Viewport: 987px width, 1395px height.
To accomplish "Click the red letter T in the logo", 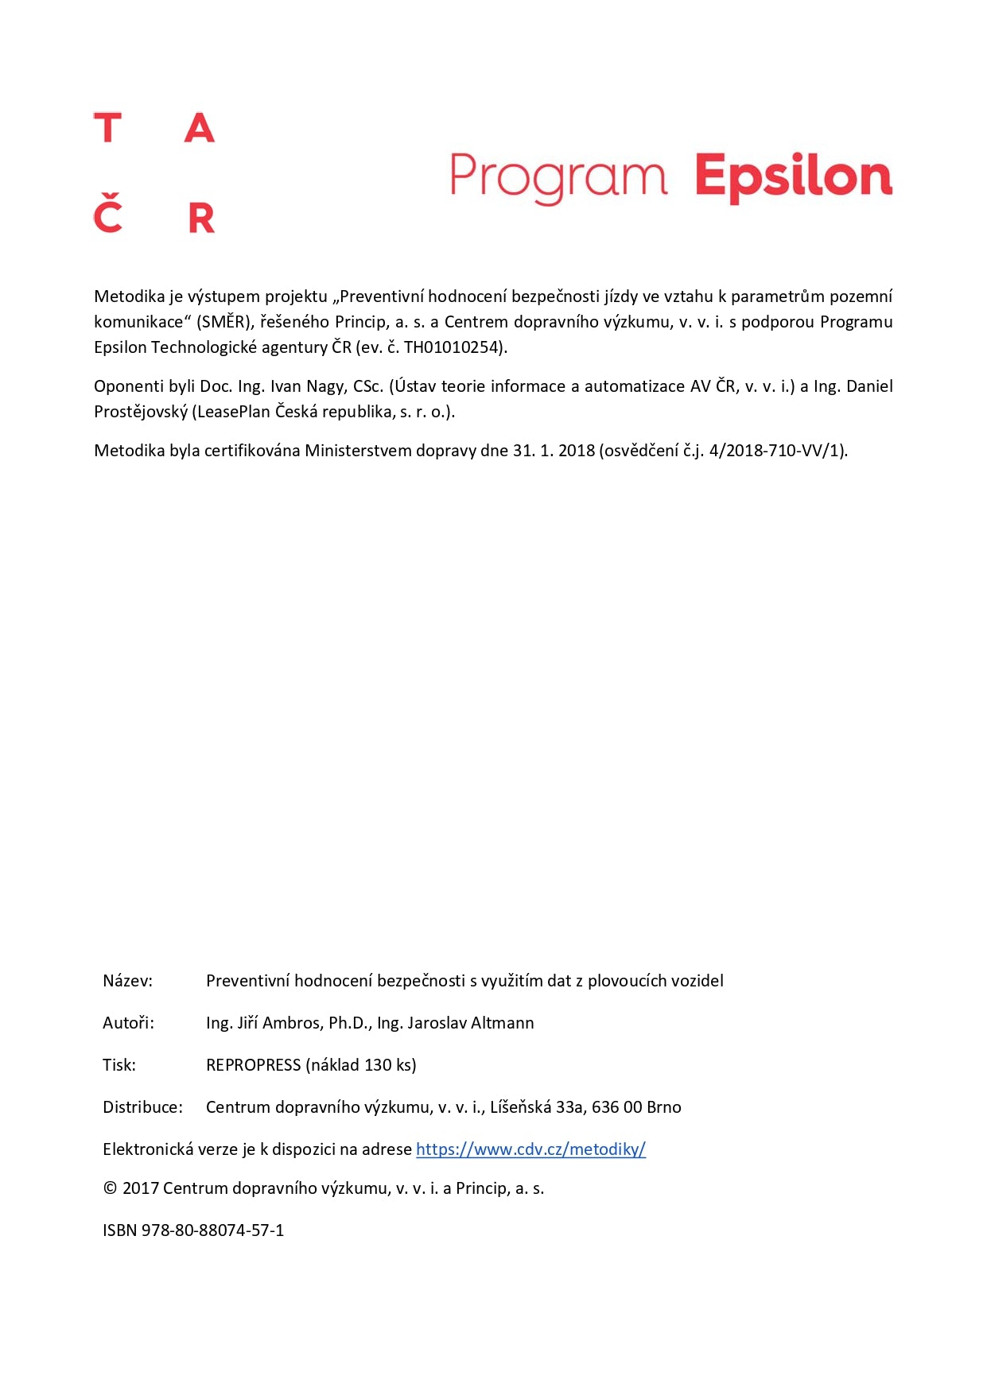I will (107, 128).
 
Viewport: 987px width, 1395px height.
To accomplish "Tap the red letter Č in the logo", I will (107, 215).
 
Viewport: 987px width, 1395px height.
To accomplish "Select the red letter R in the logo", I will (201, 218).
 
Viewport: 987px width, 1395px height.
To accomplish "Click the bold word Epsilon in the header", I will (793, 176).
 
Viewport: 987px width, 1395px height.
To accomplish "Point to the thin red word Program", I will (558, 176).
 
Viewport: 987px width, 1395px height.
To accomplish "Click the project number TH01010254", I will (453, 347).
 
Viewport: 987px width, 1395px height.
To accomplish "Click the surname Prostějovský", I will (141, 412).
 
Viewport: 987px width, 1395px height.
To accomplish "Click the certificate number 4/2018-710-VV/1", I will (775, 451).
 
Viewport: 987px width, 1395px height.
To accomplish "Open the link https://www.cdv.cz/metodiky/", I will (530, 1149).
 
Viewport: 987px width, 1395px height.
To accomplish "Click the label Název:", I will (127, 981).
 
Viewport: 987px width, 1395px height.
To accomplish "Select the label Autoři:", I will (128, 1023).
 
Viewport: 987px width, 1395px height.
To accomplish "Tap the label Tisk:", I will (119, 1065).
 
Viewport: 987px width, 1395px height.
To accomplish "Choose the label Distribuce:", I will (142, 1107).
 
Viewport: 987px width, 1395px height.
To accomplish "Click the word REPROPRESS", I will (253, 1065).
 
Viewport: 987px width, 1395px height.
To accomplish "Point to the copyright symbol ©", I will (111, 1188).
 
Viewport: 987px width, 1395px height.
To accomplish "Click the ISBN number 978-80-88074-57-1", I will (212, 1230).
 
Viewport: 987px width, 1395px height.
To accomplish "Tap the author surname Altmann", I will (502, 1023).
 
